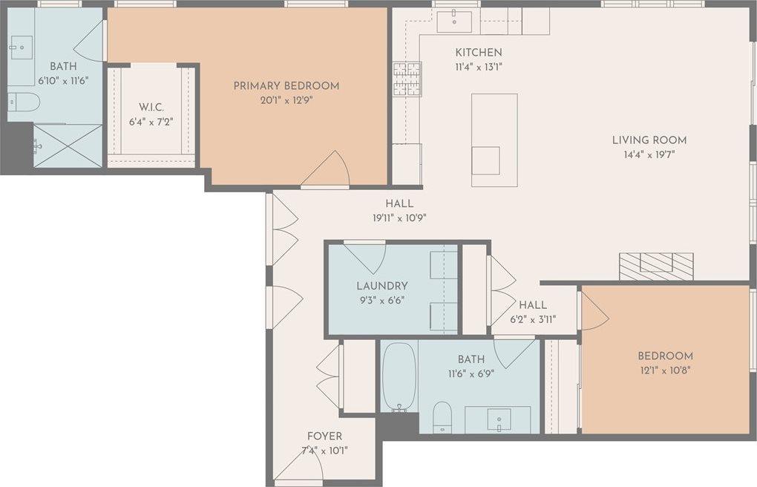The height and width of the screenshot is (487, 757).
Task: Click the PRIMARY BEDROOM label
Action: pos(286,86)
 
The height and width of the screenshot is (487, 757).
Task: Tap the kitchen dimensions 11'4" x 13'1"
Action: pos(478,67)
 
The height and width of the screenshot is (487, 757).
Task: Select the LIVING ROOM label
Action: pos(649,140)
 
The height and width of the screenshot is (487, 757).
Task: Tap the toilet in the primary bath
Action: pos(23,102)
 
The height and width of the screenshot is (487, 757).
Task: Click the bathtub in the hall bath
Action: pos(399,376)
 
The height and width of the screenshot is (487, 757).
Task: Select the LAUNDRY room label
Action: pos(381,286)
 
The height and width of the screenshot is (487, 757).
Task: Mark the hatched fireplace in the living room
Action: pos(656,266)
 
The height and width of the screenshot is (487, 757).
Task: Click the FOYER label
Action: pos(324,436)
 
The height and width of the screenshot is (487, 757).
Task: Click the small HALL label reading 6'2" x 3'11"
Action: pos(533,305)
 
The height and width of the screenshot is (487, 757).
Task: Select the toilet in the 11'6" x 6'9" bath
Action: pos(442,416)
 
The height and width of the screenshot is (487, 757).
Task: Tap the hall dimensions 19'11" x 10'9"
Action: pos(399,218)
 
